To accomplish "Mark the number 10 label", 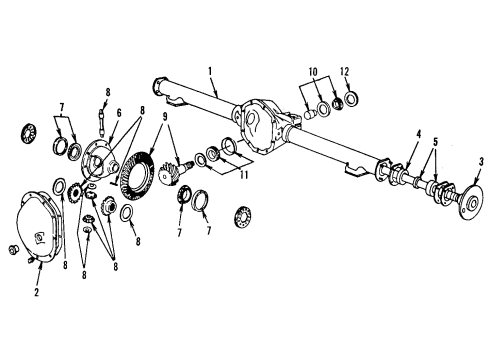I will coord(314,73).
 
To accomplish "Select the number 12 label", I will coord(346,73).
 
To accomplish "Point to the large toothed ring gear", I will coord(136,178).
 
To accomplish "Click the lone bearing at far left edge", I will coord(29,132).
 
